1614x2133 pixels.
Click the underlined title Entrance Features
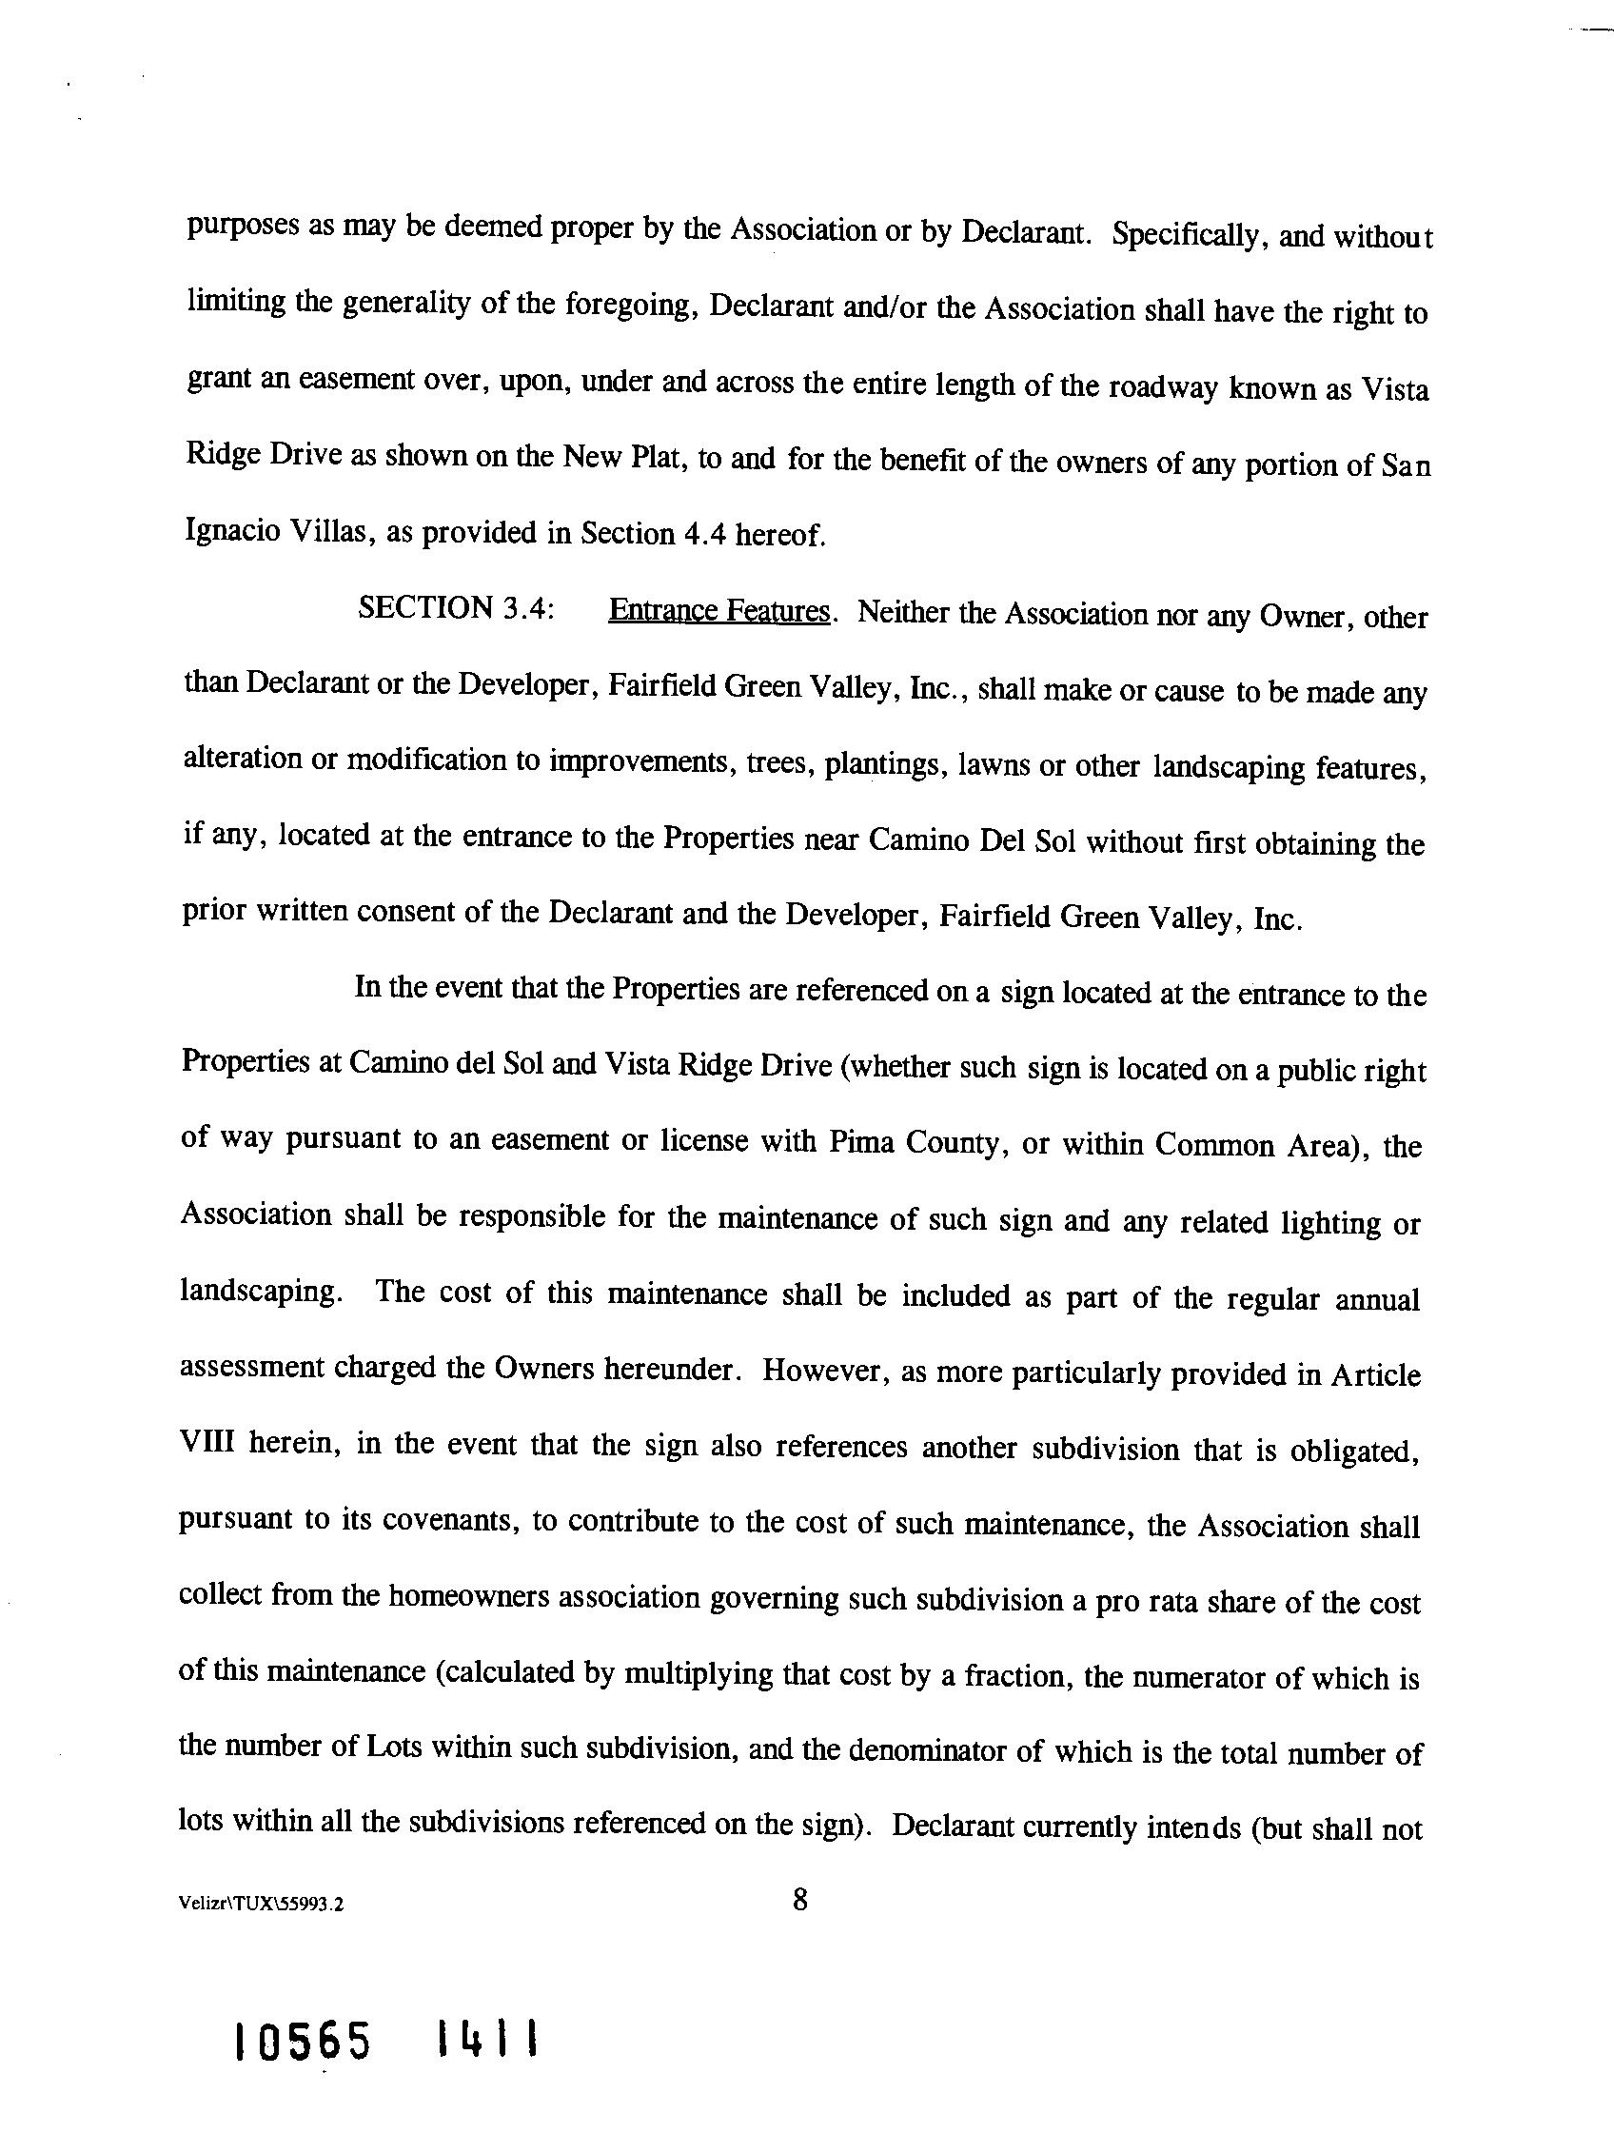click(x=719, y=611)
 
